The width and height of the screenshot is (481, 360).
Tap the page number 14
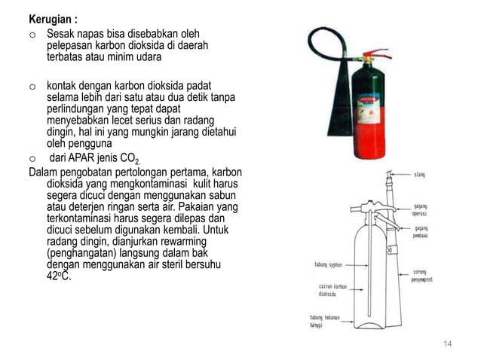pos(447,344)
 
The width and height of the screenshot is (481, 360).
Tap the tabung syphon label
pos(326,264)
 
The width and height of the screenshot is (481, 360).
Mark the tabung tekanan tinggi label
pos(325,321)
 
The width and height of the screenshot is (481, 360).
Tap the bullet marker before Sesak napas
pos(32,35)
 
